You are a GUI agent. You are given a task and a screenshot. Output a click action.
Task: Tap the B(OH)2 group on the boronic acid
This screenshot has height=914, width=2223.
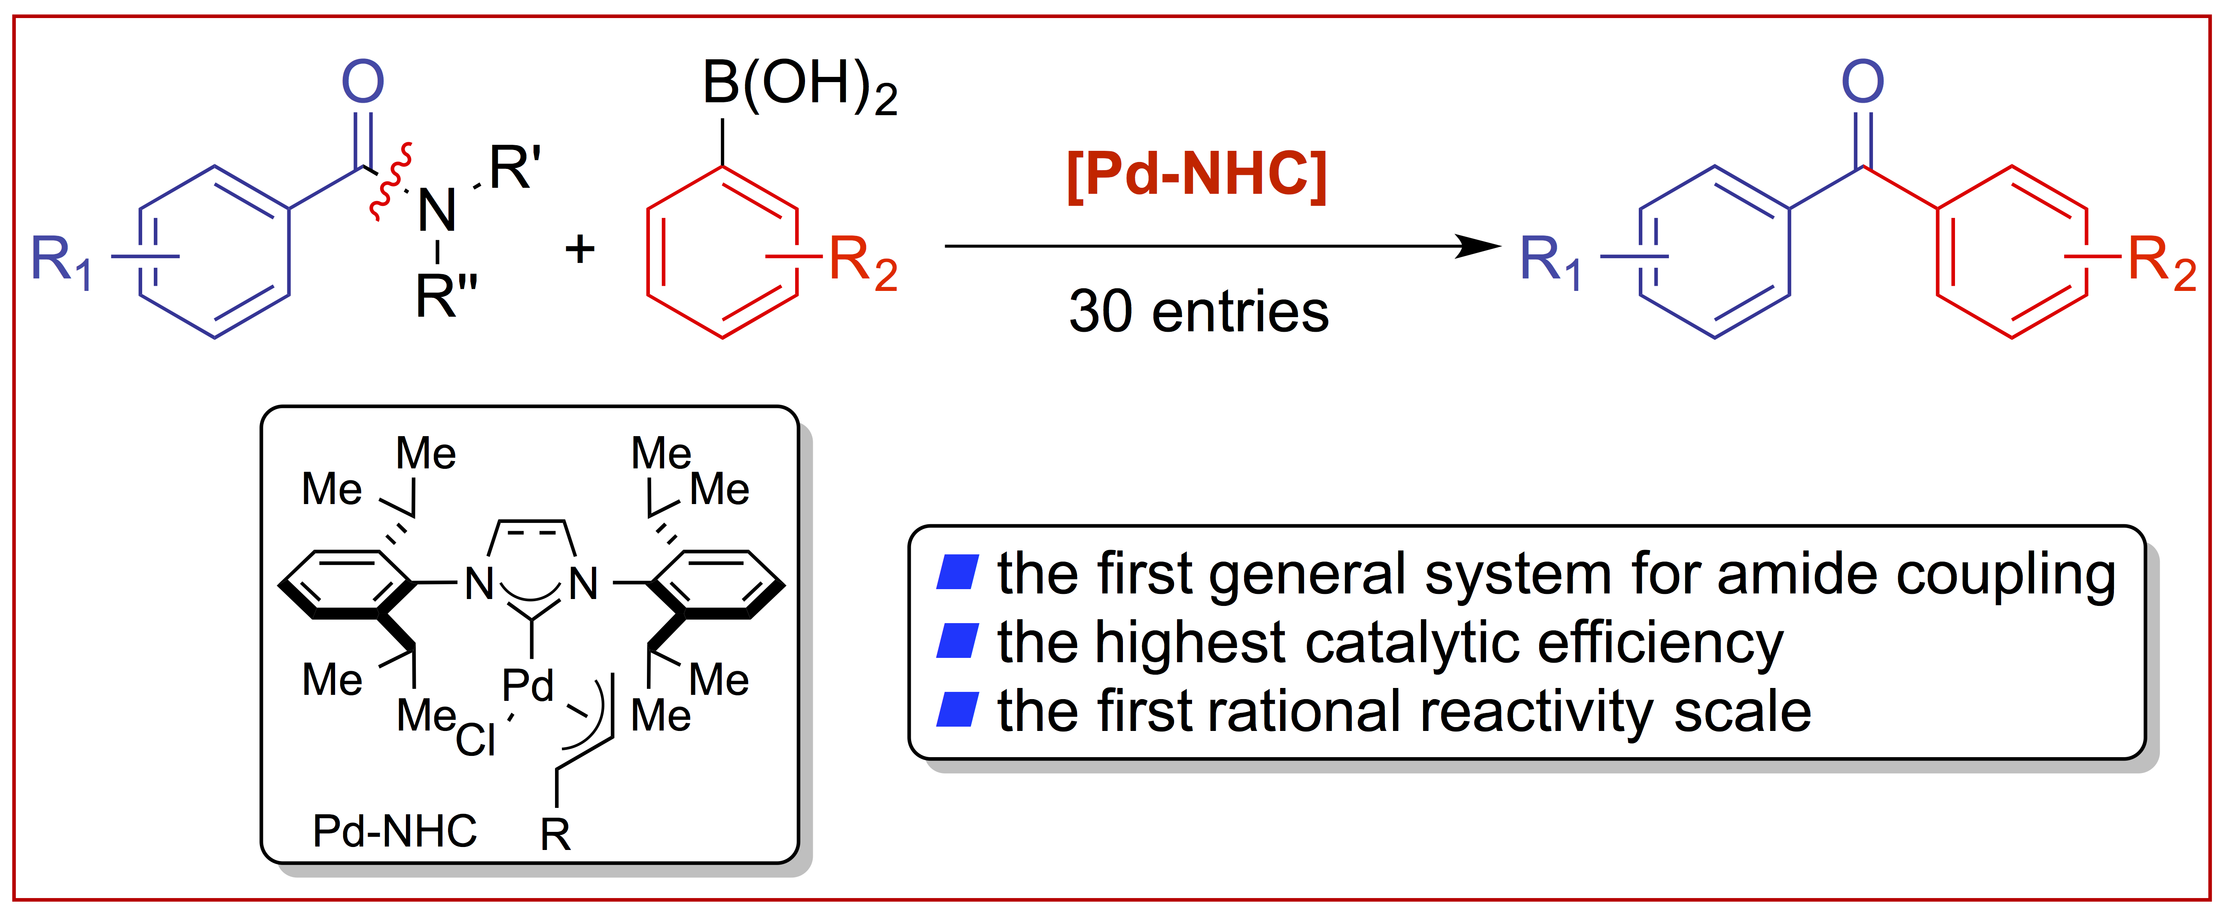[798, 86]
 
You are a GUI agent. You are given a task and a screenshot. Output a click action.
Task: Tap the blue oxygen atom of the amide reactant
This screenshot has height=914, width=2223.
[363, 82]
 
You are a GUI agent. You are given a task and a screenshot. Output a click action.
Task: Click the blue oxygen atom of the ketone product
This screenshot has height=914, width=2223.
[1862, 82]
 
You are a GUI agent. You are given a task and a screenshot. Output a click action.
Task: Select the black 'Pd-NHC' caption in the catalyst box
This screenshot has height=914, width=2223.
[394, 831]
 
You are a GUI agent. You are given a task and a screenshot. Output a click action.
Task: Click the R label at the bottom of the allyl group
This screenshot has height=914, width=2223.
[555, 835]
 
